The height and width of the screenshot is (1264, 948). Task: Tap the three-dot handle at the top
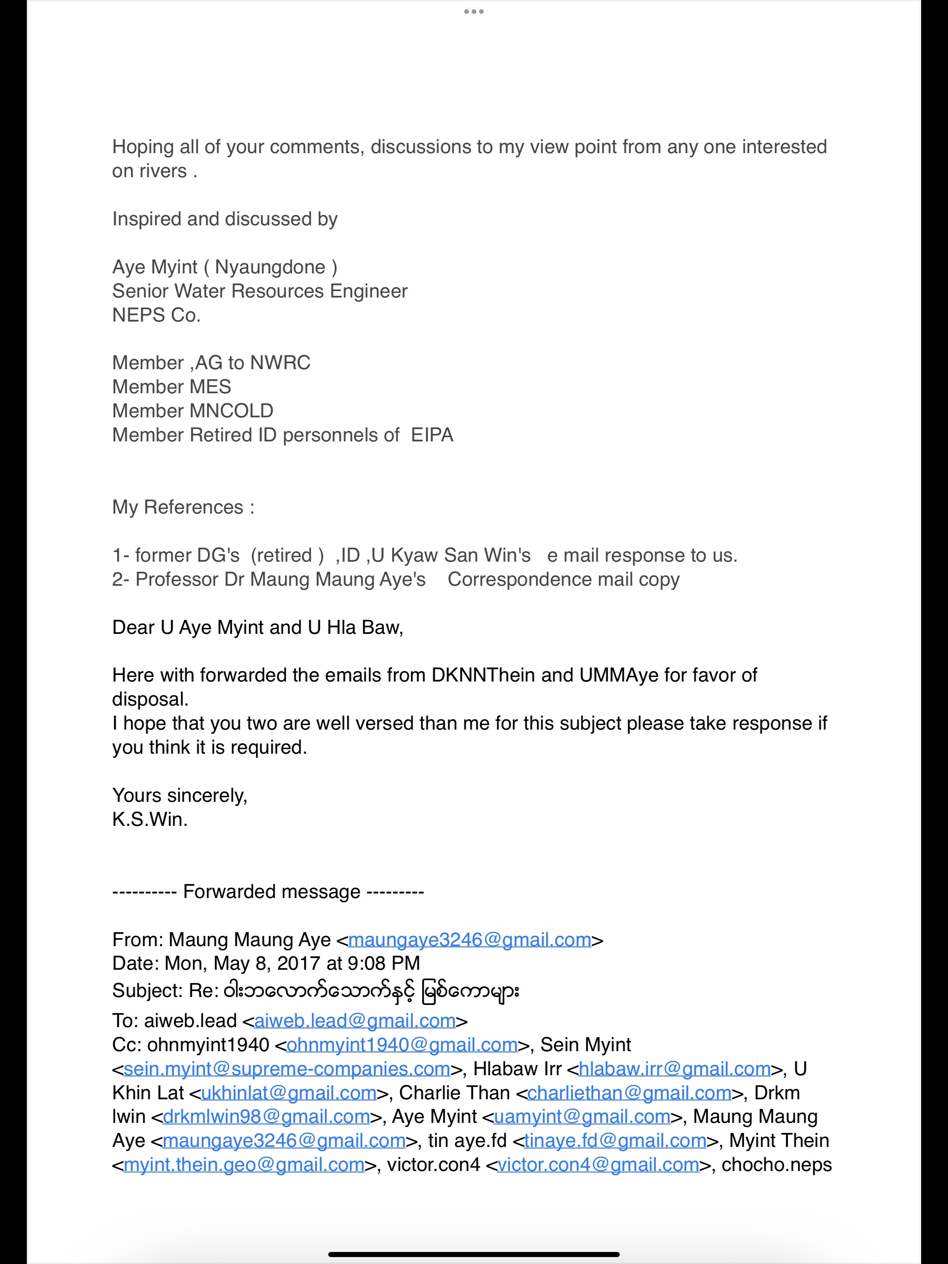(x=474, y=12)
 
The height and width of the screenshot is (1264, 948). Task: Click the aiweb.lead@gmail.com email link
(x=355, y=1021)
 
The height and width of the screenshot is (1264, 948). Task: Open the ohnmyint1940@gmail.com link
(x=401, y=1045)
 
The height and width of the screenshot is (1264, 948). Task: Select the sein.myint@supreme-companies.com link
(x=287, y=1069)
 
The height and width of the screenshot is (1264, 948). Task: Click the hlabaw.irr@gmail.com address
(x=675, y=1069)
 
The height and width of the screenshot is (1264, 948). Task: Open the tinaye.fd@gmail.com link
(x=615, y=1140)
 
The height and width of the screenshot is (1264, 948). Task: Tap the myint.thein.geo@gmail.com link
(x=244, y=1165)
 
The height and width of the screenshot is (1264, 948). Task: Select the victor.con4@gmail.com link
(x=598, y=1165)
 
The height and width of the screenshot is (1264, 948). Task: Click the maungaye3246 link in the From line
(x=469, y=940)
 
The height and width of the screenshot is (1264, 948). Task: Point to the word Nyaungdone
(x=270, y=267)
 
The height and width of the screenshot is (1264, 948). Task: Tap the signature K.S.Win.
(x=150, y=819)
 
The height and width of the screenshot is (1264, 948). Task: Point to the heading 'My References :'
(x=183, y=508)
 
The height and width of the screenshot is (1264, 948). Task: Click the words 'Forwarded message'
(x=272, y=892)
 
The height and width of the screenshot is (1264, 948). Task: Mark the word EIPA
(x=432, y=435)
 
